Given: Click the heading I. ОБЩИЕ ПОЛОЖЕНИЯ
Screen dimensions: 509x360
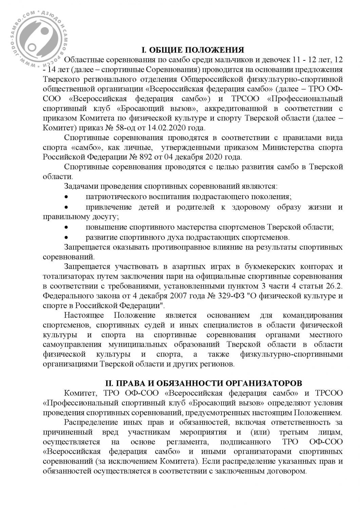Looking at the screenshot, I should click(x=192, y=50).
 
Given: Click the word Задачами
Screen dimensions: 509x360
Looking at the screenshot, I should click(x=79, y=187).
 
